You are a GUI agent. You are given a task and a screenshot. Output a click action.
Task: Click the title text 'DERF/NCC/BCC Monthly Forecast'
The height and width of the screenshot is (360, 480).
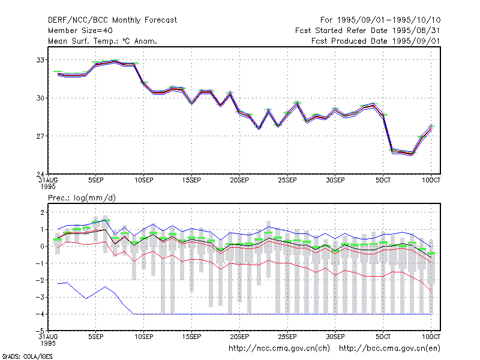pos(112,20)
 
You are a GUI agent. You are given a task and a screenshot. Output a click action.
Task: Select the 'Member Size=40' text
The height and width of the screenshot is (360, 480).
pos(80,31)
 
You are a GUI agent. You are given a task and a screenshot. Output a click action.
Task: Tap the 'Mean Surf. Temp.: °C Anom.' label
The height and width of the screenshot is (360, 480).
pos(102,41)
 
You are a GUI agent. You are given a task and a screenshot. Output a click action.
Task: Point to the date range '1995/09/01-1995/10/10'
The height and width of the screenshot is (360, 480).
pos(389,20)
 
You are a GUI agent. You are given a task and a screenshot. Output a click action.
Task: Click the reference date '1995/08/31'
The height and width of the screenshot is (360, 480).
pos(416,31)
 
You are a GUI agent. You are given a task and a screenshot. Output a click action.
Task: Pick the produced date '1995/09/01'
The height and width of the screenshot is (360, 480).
pos(416,41)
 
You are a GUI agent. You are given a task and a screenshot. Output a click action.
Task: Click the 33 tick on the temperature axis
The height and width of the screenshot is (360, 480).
pos(40,60)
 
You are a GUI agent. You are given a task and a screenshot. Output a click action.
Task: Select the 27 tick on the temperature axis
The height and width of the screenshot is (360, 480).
pos(40,136)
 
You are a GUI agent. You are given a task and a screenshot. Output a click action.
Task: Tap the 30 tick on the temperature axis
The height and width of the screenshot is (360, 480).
pos(40,98)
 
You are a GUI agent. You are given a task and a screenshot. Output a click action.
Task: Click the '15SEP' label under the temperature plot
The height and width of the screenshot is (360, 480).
pos(191,181)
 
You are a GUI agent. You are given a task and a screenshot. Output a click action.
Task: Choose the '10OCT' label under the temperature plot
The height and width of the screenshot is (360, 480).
pos(431,181)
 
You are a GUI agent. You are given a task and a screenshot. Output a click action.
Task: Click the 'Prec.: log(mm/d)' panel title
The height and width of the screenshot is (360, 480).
pos(82,198)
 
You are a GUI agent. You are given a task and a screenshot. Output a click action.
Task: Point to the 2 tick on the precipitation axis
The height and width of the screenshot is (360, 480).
pos(42,212)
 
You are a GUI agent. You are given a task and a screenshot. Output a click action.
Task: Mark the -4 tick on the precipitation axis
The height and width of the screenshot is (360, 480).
pos(40,314)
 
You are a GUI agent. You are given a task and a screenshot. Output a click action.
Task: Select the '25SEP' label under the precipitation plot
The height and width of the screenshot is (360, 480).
pos(287,337)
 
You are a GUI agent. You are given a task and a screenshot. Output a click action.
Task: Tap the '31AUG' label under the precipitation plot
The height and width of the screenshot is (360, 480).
pos(48,337)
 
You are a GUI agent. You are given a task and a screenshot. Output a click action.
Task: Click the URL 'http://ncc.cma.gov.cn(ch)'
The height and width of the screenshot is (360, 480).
pos(279,349)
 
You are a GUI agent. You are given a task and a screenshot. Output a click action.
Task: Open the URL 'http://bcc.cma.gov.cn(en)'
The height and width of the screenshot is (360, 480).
pos(389,349)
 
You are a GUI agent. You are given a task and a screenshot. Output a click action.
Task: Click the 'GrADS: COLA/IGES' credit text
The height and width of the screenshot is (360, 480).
pos(27,356)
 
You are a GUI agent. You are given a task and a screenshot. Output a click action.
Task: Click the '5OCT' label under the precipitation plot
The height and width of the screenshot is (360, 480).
pos(383,337)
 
